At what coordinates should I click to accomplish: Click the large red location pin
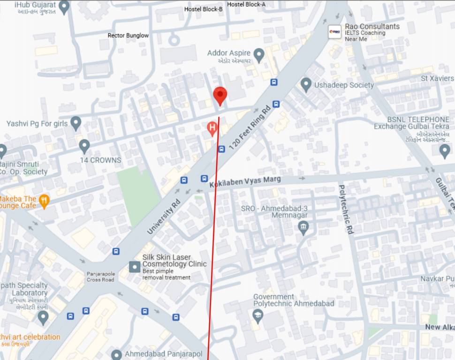pyautogui.click(x=220, y=95)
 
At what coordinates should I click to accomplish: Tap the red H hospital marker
pyautogui.click(x=212, y=127)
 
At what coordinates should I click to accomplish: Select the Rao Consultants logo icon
pyautogui.click(x=334, y=31)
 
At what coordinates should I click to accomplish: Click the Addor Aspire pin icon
pyautogui.click(x=258, y=54)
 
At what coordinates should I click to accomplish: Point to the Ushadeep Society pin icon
pyautogui.click(x=306, y=85)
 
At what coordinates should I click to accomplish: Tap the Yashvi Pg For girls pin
pyautogui.click(x=76, y=123)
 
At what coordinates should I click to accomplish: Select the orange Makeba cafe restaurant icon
pyautogui.click(x=44, y=201)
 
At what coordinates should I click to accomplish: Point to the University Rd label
pyautogui.click(x=164, y=217)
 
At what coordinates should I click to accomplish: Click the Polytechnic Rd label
pyautogui.click(x=345, y=209)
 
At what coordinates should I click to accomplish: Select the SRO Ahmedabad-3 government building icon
pyautogui.click(x=303, y=228)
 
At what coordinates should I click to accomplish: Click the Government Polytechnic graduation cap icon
pyautogui.click(x=258, y=315)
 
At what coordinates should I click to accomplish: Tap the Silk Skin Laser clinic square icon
pyautogui.click(x=135, y=267)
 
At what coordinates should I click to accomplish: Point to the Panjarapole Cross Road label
pyautogui.click(x=100, y=277)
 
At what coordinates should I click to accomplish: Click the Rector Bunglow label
pyautogui.click(x=128, y=35)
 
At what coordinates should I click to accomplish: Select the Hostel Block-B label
pyautogui.click(x=203, y=9)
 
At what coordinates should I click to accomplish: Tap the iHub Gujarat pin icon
pyautogui.click(x=64, y=7)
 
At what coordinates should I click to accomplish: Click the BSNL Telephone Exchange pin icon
pyautogui.click(x=445, y=151)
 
